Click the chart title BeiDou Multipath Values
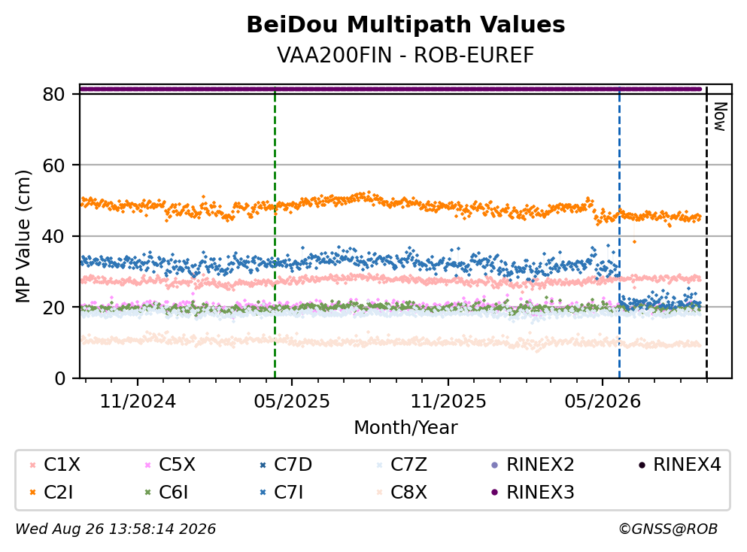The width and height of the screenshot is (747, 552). tap(405, 25)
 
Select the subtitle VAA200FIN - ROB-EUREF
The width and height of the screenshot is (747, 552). tap(405, 55)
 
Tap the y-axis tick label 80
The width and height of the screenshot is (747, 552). tap(54, 94)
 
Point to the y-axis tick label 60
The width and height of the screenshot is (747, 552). tap(54, 165)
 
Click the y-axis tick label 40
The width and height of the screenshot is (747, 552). tap(54, 236)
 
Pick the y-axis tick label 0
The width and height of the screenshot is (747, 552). tap(59, 378)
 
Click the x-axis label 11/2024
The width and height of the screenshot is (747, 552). tap(138, 402)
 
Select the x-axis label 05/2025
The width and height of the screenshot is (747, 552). tap(292, 402)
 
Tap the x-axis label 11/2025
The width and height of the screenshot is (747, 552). tap(448, 402)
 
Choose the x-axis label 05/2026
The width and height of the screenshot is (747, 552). tap(603, 402)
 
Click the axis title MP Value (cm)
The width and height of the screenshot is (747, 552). tap(23, 236)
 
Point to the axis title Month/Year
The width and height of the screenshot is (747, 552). tap(405, 428)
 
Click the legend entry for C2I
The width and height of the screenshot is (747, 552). tap(51, 492)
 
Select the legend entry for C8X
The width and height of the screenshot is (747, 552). tap(402, 492)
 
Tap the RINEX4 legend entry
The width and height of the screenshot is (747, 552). tap(680, 464)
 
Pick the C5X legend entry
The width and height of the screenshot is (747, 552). tap(170, 464)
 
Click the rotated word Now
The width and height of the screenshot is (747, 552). tap(720, 117)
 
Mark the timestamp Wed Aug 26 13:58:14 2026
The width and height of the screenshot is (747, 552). tap(115, 529)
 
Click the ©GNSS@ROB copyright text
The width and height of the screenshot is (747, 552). tap(668, 529)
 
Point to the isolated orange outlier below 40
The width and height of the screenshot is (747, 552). tap(634, 242)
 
